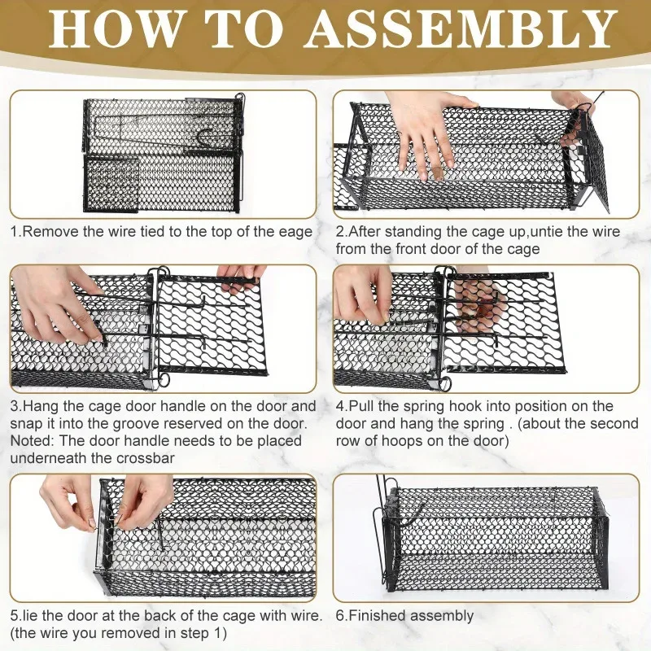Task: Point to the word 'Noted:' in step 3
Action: click(x=33, y=440)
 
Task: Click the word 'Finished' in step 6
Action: click(x=378, y=615)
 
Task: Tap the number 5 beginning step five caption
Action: click(x=14, y=616)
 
